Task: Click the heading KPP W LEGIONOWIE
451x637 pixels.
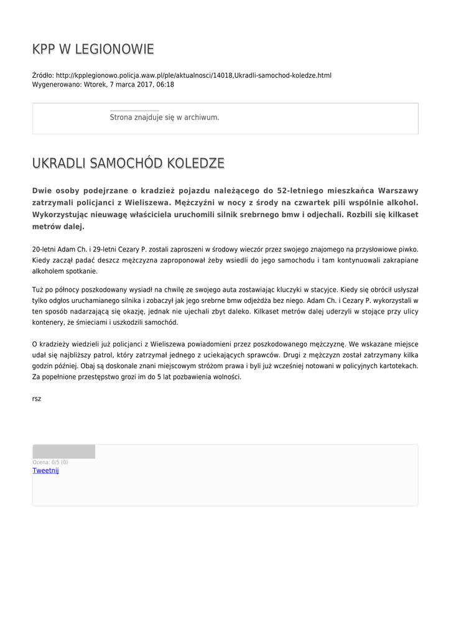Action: (x=93, y=50)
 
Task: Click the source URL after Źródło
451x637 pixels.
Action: (x=193, y=75)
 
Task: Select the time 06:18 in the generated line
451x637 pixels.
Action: (x=165, y=85)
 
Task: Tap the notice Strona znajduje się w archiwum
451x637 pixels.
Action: (x=164, y=117)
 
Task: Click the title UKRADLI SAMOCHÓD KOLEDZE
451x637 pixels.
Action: (x=128, y=164)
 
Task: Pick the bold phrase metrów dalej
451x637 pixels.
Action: (x=58, y=227)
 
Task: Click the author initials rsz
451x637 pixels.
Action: (x=37, y=398)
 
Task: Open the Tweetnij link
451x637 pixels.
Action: (x=45, y=471)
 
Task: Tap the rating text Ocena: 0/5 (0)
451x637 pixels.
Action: (x=50, y=462)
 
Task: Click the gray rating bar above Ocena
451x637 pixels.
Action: (x=63, y=452)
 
